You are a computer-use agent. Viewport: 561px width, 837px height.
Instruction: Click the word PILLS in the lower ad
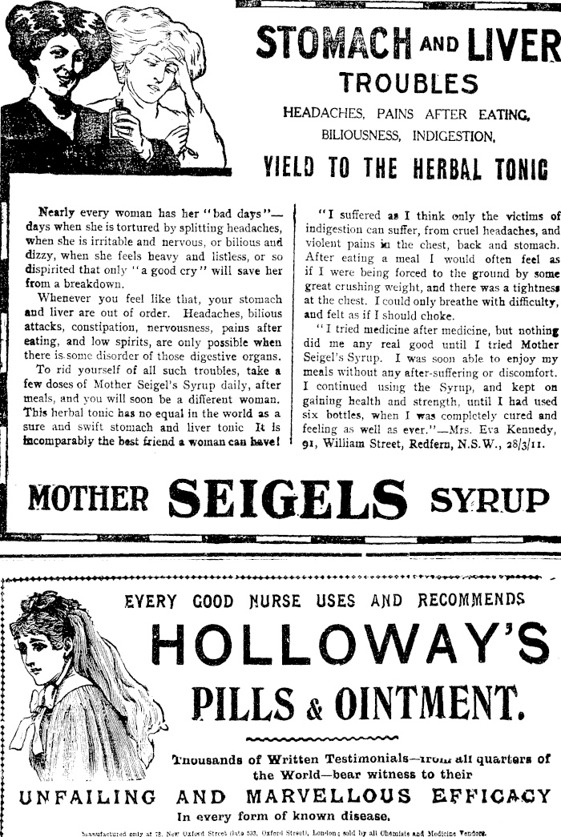pos(234,702)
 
